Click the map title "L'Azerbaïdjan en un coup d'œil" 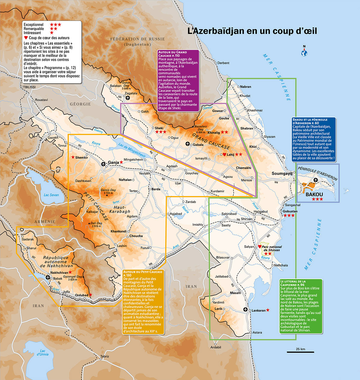[x=252, y=31]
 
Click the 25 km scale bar [x=296, y=352]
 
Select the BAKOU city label [x=314, y=194]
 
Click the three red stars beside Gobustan [x=289, y=216]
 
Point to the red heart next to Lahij [x=224, y=154]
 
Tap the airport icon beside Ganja [x=103, y=164]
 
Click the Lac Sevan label [x=51, y=195]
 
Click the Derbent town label [x=223, y=63]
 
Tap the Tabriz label [x=105, y=357]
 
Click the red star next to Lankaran [x=268, y=310]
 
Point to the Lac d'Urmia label [x=43, y=352]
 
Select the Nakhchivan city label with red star [x=59, y=273]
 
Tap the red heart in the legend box [x=26, y=38]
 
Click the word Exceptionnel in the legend [x=34, y=25]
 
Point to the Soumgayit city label [x=282, y=173]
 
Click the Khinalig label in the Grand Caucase [x=214, y=132]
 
